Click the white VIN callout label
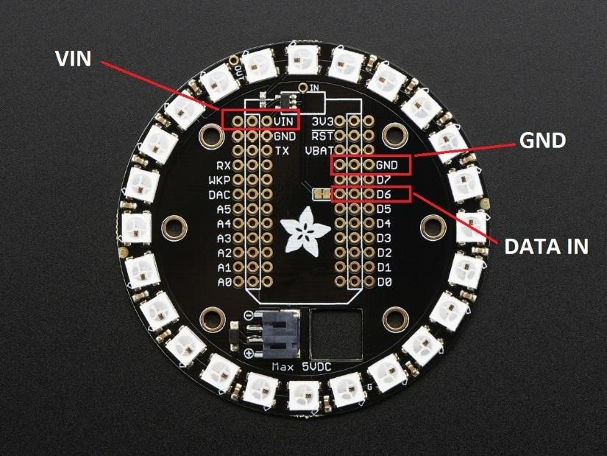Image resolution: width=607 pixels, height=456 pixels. click(73, 59)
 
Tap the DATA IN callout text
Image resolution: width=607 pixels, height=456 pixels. click(546, 246)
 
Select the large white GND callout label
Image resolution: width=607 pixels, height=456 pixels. click(542, 140)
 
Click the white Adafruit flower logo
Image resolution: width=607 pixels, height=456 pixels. click(305, 232)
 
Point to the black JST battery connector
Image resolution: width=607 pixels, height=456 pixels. click(280, 334)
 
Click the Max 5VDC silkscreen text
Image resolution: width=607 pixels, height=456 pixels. click(302, 366)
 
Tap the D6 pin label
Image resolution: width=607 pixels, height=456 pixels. click(383, 194)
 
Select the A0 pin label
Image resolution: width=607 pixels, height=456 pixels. click(224, 282)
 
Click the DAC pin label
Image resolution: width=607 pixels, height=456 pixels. click(219, 194)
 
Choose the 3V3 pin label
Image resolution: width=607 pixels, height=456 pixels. click(322, 122)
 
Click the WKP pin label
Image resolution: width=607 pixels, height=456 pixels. click(219, 180)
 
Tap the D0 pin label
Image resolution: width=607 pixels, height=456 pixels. click(384, 282)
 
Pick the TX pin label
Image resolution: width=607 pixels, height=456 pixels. click(282, 151)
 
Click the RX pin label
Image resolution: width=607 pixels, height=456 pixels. click(224, 166)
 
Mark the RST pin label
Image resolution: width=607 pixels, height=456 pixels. click(322, 136)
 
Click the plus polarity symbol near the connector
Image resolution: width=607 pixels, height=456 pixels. click(249, 353)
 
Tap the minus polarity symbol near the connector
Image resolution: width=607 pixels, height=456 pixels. click(249, 315)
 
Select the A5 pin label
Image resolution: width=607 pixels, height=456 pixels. click(224, 209)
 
